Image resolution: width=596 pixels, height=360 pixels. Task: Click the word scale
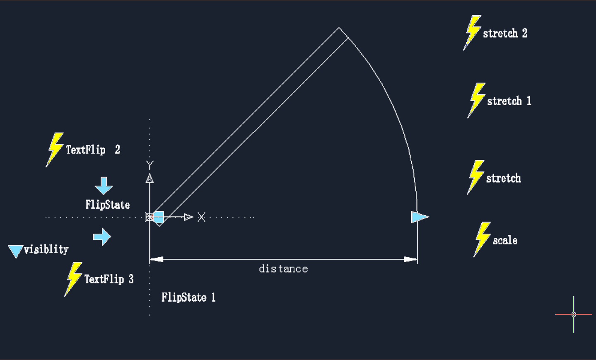505,240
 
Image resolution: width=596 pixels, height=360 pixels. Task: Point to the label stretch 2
505,33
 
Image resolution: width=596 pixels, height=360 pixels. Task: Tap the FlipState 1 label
188,297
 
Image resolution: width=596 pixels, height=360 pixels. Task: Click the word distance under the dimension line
283,269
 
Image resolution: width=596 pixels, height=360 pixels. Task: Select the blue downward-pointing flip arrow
104,186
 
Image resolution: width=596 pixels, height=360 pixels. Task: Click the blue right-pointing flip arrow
102,237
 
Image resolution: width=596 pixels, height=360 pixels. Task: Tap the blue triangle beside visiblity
15,251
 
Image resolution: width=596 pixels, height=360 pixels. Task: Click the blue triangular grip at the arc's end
419,217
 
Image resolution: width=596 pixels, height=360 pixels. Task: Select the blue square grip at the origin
159,217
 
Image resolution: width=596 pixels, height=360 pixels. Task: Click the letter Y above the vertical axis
150,165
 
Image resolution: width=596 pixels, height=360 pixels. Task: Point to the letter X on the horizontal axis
201,217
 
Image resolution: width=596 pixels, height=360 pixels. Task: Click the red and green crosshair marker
574,314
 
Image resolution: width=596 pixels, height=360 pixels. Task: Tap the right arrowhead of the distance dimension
410,259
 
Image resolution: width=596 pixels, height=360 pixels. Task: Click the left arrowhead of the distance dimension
157,259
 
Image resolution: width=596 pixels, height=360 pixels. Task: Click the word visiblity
46,249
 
